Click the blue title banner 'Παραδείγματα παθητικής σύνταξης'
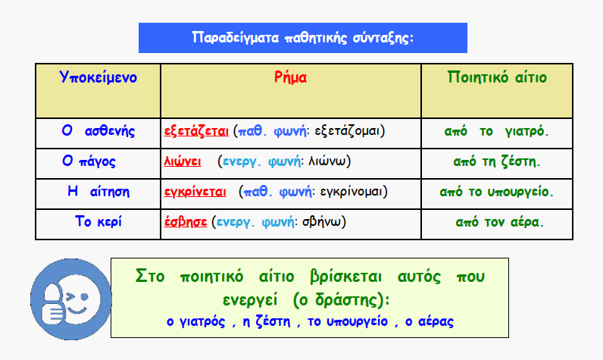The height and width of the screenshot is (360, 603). click(x=303, y=38)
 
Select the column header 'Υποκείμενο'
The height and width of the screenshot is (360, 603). click(x=98, y=77)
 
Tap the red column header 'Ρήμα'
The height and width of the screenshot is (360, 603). click(x=290, y=77)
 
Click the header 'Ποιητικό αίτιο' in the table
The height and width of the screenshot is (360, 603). click(x=497, y=77)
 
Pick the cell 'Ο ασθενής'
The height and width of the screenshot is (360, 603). click(x=98, y=131)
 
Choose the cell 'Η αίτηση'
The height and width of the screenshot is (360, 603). click(x=98, y=191)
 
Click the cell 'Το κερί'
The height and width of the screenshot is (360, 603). click(x=98, y=221)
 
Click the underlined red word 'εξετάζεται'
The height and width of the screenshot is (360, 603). click(x=196, y=131)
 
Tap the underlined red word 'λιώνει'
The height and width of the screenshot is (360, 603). click(x=183, y=161)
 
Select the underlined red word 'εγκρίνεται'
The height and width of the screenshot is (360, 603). click(x=195, y=192)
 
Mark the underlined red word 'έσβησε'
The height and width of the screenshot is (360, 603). click(x=186, y=222)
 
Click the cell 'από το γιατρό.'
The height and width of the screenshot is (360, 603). click(x=496, y=131)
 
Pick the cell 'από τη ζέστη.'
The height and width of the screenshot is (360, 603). click(x=496, y=161)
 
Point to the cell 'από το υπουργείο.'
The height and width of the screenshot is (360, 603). click(x=496, y=192)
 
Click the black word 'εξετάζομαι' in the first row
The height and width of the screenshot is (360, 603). click(x=347, y=131)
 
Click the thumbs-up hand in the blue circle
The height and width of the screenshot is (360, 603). click(x=54, y=304)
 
